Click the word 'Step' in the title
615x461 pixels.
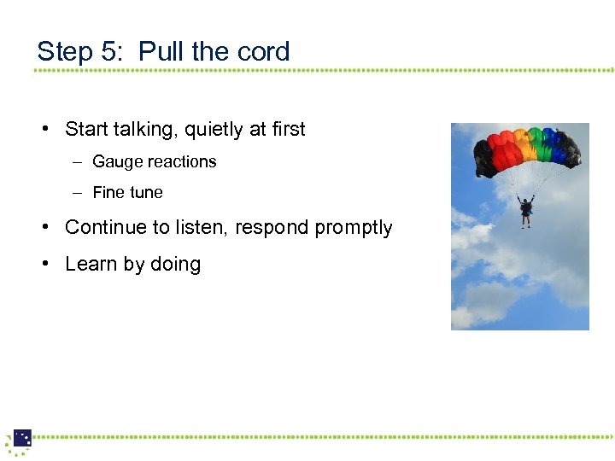[x=65, y=52]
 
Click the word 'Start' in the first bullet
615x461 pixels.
[x=85, y=130]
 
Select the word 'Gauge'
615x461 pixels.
[x=115, y=162]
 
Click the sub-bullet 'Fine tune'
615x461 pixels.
[x=127, y=193]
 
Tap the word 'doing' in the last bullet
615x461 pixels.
[x=175, y=266]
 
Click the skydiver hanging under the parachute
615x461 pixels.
[x=526, y=210]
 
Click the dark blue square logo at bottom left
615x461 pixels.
[x=22, y=438]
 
